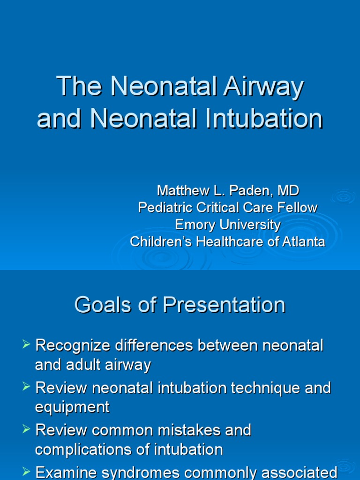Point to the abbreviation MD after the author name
288,191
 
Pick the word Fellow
298,208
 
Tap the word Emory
192,225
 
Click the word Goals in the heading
100,305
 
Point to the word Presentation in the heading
224,305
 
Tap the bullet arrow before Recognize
26,346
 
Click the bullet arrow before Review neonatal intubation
26,387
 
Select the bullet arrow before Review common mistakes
26,429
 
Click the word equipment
72,407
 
